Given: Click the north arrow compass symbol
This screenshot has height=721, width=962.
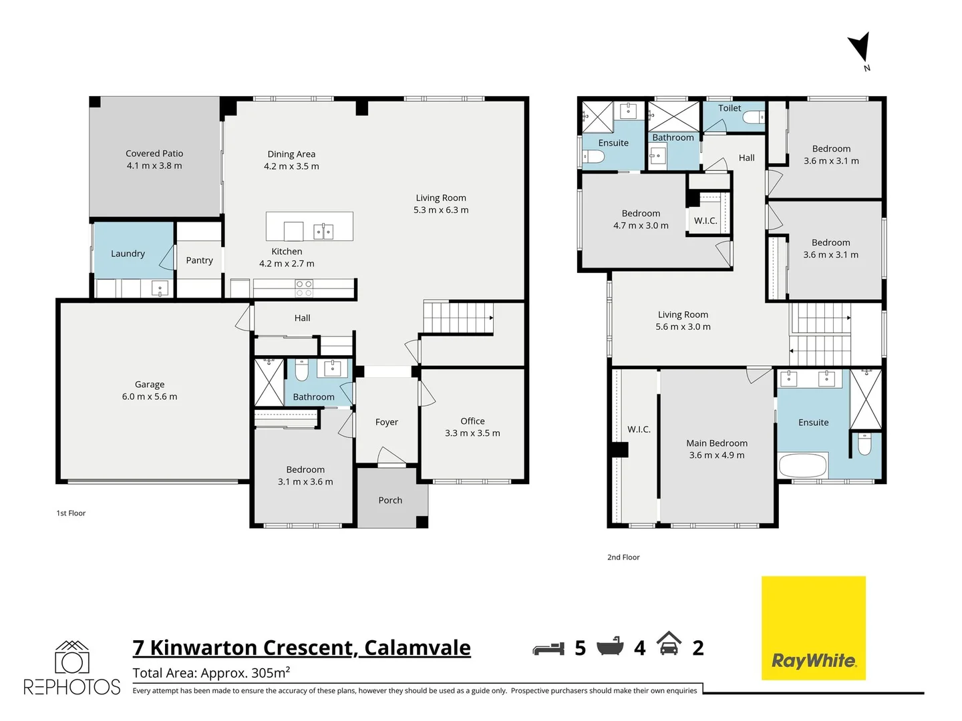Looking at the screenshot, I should (x=860, y=49).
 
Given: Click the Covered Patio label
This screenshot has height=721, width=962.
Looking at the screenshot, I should (x=154, y=154).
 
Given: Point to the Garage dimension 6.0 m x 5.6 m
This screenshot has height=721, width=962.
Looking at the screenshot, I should (x=150, y=397).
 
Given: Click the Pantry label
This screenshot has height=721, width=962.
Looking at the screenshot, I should (x=199, y=260).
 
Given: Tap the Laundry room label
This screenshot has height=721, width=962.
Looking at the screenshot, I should (x=128, y=254).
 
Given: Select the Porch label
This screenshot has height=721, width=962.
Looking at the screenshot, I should (x=390, y=500).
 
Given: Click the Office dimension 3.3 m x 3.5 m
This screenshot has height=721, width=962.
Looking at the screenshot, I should (x=472, y=433).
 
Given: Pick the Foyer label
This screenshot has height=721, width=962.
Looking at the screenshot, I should (x=386, y=422).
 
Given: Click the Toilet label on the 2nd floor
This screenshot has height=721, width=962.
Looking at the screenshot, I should (x=730, y=108).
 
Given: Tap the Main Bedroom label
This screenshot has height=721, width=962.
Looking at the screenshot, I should (x=717, y=443).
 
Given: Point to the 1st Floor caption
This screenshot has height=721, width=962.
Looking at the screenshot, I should (x=71, y=513).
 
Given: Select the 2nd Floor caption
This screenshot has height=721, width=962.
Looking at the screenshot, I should (x=623, y=557).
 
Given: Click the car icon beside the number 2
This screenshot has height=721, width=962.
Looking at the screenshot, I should (x=669, y=644).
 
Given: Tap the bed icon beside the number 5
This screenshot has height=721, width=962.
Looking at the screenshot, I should (x=548, y=648).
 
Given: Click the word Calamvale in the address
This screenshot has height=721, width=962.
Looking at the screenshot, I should (x=418, y=648).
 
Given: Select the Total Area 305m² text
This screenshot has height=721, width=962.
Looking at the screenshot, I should (x=211, y=673).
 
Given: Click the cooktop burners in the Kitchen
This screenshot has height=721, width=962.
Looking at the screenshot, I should (x=304, y=288).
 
